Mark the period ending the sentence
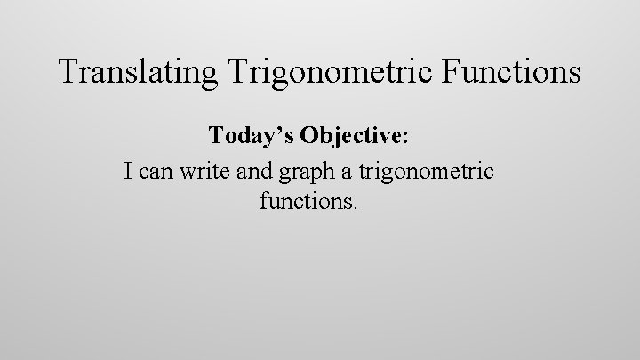pyautogui.click(x=356, y=206)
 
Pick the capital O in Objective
pyautogui.click(x=310, y=136)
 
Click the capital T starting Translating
pyautogui.click(x=67, y=71)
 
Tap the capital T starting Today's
pyautogui.click(x=216, y=136)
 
